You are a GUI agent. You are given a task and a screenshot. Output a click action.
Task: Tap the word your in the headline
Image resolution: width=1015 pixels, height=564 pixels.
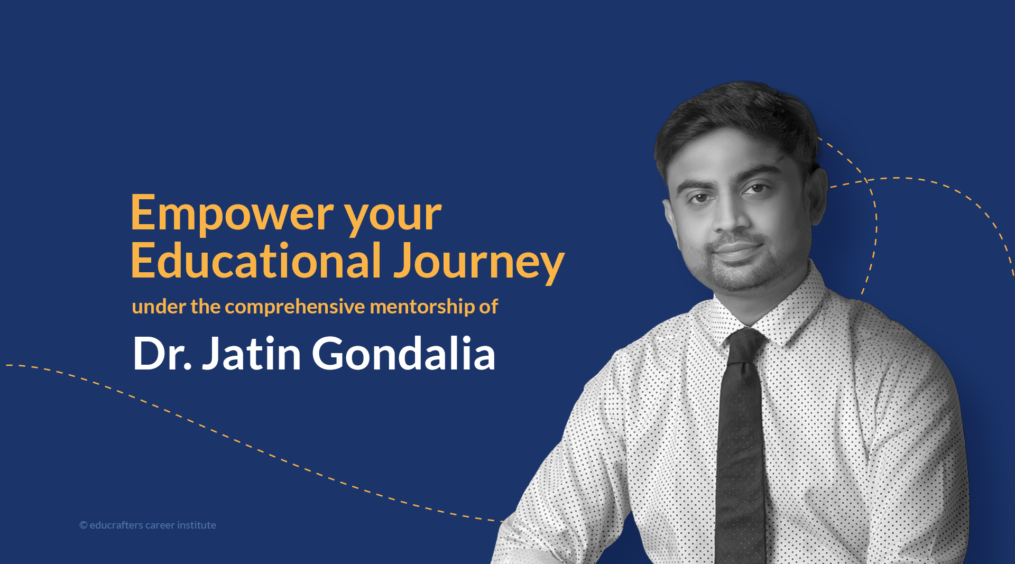click(393, 218)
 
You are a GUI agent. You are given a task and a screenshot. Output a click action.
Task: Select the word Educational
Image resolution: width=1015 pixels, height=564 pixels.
click(256, 260)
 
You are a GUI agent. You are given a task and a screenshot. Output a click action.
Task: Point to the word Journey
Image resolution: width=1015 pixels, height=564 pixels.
click(479, 263)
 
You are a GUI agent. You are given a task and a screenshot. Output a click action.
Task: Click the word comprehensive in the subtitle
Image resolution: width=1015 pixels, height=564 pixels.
click(295, 307)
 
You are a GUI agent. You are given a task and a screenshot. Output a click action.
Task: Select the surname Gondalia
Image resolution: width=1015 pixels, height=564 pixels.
click(404, 353)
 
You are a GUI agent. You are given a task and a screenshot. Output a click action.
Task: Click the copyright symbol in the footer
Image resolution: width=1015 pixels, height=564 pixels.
click(84, 525)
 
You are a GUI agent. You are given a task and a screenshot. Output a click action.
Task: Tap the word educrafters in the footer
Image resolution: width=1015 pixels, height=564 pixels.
click(116, 525)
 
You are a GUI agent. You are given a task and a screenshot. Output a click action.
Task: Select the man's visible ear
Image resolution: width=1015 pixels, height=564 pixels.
click(816, 196)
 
